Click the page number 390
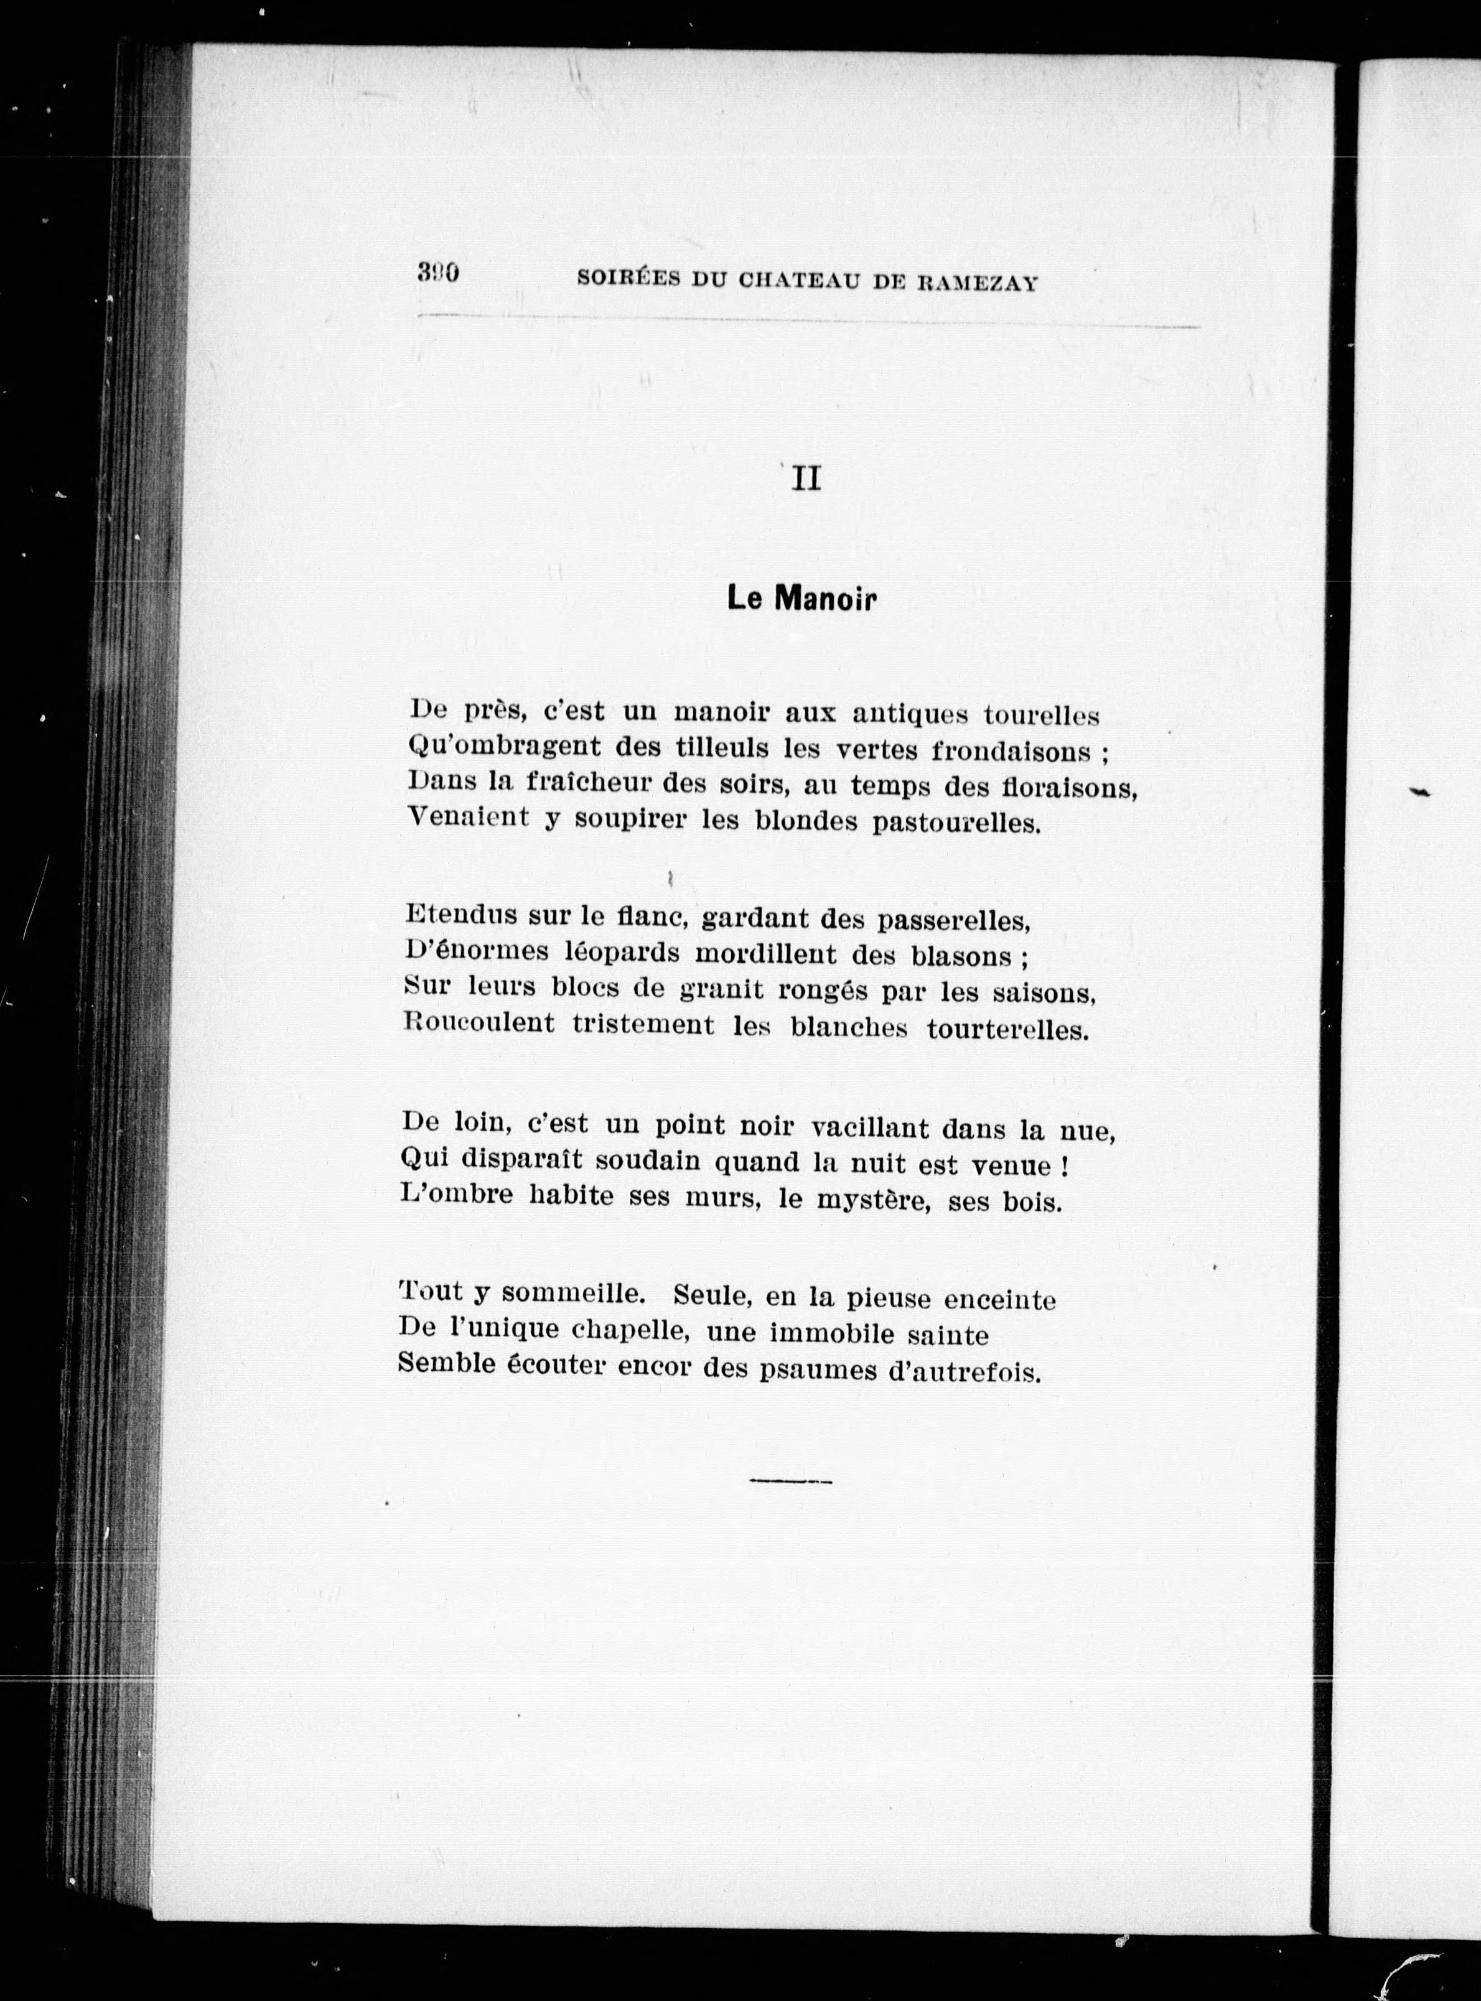pyautogui.click(x=438, y=273)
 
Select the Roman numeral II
pyautogui.click(x=806, y=480)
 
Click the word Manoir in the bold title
pyautogui.click(x=824, y=599)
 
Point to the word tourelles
pyautogui.click(x=1041, y=716)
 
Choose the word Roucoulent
pyautogui.click(x=479, y=1023)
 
